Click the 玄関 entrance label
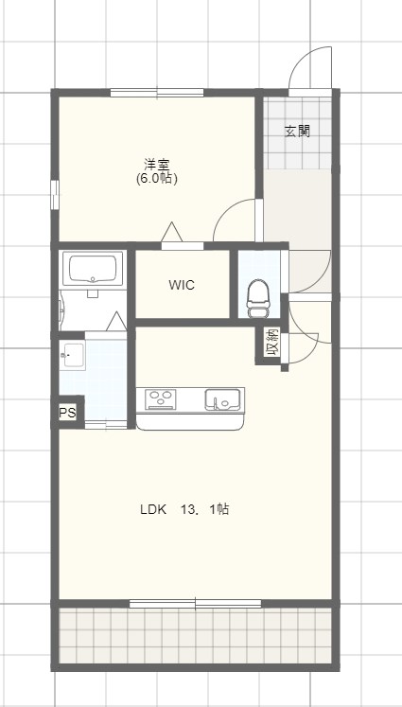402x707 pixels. [297, 132]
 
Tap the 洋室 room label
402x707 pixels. [157, 164]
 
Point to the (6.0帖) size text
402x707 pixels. [157, 179]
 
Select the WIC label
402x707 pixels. [182, 285]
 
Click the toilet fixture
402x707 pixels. [258, 299]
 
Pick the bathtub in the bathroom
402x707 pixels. [93, 269]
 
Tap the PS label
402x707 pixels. [67, 413]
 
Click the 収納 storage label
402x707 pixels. [272, 343]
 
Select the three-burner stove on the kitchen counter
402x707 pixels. [160, 399]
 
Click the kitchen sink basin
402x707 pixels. [222, 399]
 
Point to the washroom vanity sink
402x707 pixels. [72, 356]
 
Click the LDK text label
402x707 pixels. [153, 509]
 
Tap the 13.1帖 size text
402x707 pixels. [205, 509]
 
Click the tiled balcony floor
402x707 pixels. [196, 636]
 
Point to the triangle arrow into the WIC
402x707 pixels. [172, 232]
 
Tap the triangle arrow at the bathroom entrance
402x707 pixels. [116, 321]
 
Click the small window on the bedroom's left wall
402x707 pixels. [55, 195]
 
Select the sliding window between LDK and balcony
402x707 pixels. [195, 603]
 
